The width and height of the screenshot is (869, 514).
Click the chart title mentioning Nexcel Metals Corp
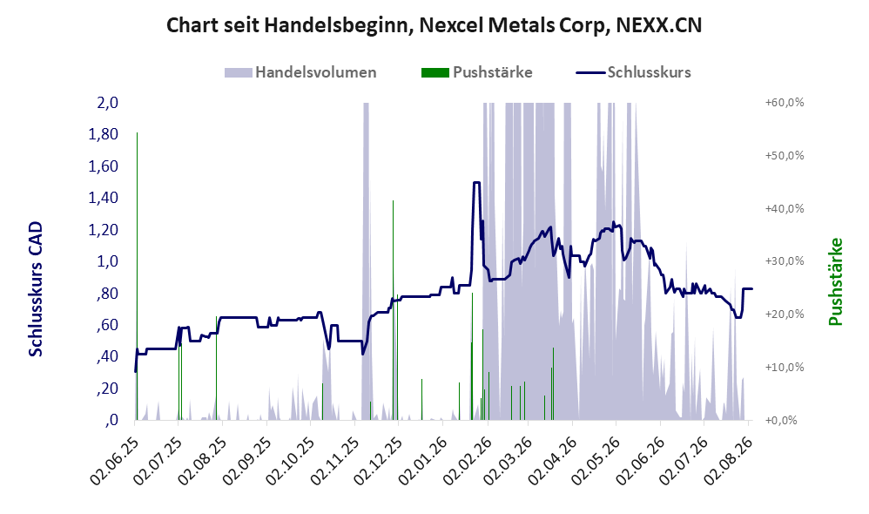[434, 25]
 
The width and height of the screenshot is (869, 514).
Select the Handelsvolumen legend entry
[300, 72]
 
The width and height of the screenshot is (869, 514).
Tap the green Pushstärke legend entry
[476, 72]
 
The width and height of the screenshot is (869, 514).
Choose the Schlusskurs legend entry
[633, 72]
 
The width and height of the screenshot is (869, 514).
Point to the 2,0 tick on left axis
[108, 103]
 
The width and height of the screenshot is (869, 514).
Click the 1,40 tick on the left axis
[104, 198]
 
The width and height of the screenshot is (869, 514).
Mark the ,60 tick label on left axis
[107, 324]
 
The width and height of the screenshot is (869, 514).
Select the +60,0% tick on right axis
[785, 103]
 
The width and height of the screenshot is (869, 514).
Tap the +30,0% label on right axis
[785, 261]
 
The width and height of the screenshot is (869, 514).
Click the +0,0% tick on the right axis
[781, 420]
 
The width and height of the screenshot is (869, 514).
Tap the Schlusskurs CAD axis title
[36, 289]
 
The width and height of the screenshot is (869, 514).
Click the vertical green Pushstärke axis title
[835, 281]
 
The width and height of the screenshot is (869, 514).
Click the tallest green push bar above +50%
[137, 276]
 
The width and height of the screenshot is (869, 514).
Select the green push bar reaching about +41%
[393, 310]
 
